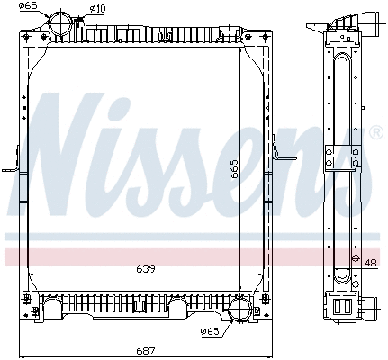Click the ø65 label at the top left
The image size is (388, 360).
tap(28, 7)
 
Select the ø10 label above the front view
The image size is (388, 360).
tap(96, 9)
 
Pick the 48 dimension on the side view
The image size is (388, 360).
tap(372, 263)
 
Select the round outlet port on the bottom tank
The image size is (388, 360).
tap(241, 312)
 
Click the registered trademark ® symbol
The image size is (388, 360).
tap(375, 131)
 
